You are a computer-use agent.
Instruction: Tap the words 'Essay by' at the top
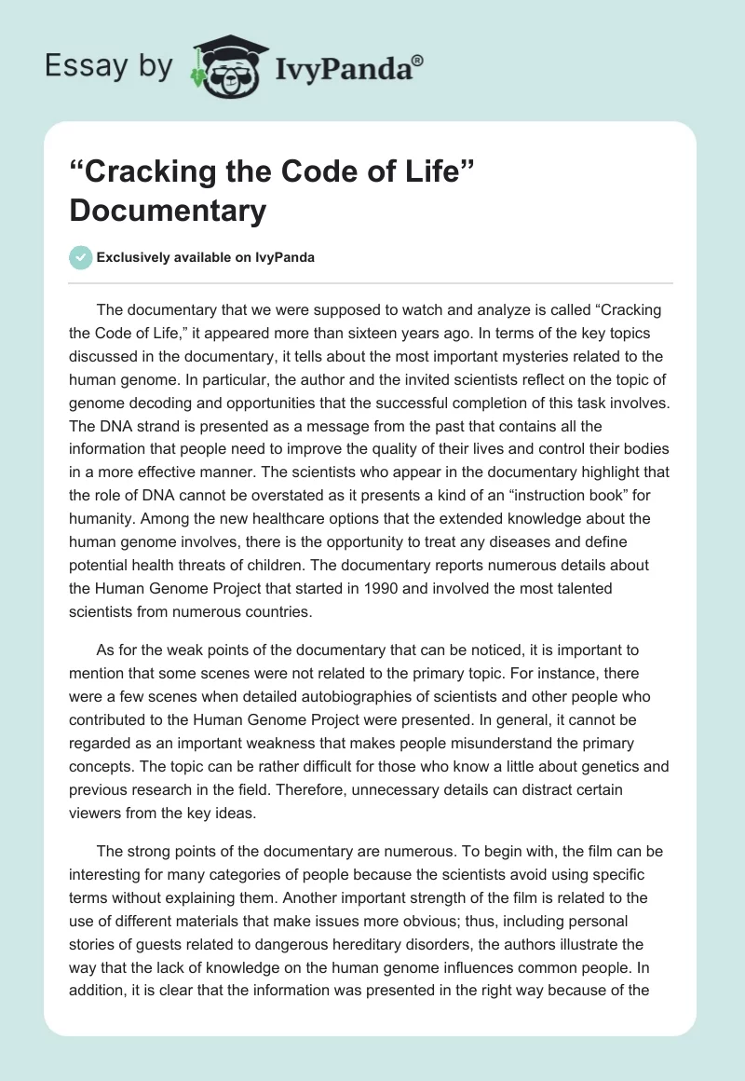click(x=108, y=65)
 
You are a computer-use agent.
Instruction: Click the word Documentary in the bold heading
click(x=168, y=211)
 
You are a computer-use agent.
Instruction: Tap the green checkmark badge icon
click(x=80, y=258)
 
